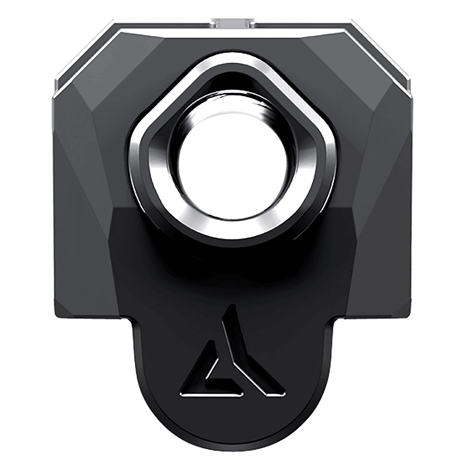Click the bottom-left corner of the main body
tap(53, 318)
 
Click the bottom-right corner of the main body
tap(411, 318)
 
